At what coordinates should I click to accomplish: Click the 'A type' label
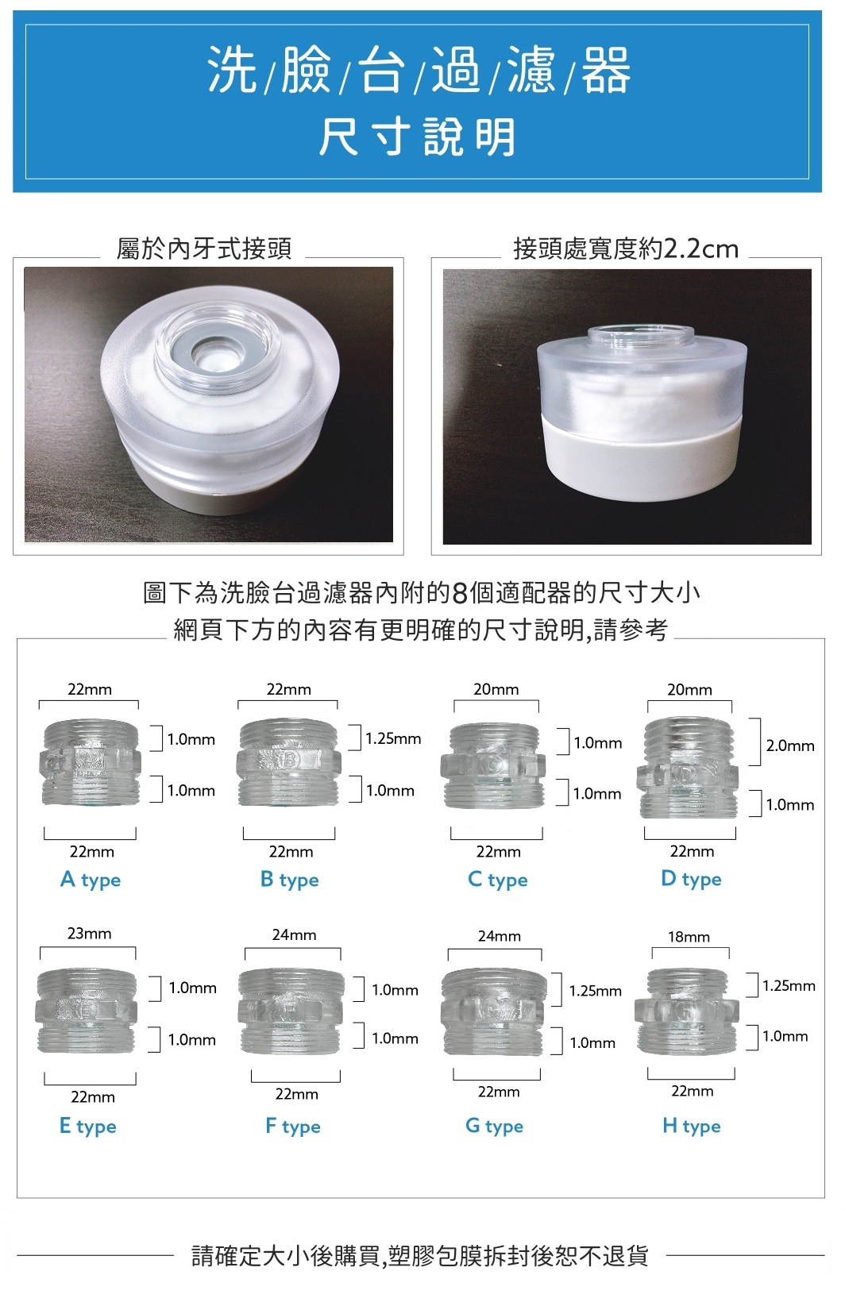[x=91, y=880]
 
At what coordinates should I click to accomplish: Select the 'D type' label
[x=691, y=879]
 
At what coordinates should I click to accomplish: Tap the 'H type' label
[x=692, y=1126]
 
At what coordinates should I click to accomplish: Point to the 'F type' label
[x=292, y=1126]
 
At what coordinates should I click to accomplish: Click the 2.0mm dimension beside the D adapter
[x=789, y=745]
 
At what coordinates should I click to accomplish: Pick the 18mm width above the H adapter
[x=689, y=937]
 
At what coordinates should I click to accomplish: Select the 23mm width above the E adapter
[x=89, y=934]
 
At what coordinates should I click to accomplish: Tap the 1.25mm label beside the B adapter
[x=393, y=739]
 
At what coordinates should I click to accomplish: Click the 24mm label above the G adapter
[x=499, y=936]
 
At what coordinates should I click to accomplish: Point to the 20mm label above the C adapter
[x=496, y=689]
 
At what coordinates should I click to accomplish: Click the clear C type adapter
[x=494, y=765]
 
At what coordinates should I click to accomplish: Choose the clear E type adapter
[x=87, y=1011]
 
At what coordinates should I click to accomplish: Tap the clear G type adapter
[x=494, y=1012]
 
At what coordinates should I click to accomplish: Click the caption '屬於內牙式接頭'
[x=203, y=248]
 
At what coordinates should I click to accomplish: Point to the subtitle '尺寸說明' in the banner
[x=417, y=137]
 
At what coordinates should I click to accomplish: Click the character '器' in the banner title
[x=605, y=71]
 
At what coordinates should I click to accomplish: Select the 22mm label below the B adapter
[x=291, y=852]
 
